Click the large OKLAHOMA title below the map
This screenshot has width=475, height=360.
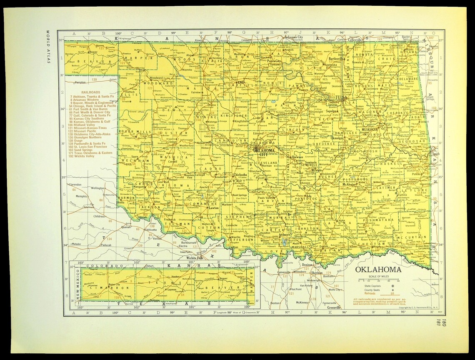(x=378, y=270)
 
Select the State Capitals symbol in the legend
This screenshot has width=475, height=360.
(x=392, y=285)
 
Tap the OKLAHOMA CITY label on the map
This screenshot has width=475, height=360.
(x=263, y=152)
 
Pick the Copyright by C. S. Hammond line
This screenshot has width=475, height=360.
(x=400, y=307)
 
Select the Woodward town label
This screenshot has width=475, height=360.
(x=156, y=77)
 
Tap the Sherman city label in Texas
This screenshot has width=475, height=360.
(x=317, y=272)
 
